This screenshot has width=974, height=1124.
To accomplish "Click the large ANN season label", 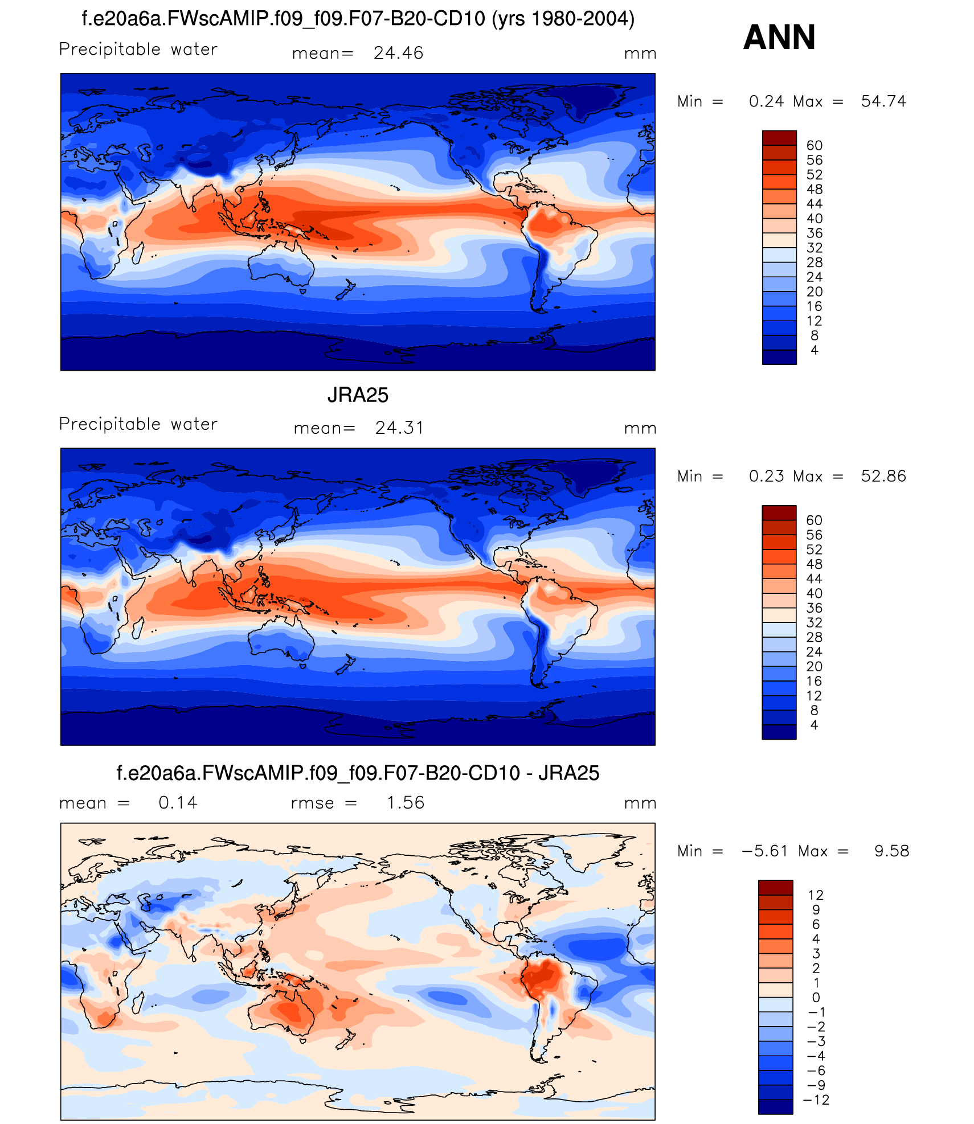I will click(779, 38).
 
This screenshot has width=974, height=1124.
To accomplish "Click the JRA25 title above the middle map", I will click(358, 395).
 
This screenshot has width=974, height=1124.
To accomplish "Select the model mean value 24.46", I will click(398, 54).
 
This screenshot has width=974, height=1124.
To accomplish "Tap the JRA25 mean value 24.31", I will click(399, 428).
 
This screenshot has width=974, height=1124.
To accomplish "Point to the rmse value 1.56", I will click(406, 803).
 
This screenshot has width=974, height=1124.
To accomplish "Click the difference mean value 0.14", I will click(178, 803).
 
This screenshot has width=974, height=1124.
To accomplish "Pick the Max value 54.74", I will click(883, 101).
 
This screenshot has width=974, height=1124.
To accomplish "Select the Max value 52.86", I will click(883, 476).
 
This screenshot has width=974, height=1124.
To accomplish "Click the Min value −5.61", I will click(764, 851).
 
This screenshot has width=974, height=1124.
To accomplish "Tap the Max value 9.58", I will click(891, 851).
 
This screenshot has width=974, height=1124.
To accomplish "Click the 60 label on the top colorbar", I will click(815, 146).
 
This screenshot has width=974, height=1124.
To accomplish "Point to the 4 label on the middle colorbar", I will click(814, 725).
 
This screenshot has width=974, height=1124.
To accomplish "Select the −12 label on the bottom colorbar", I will click(816, 1100).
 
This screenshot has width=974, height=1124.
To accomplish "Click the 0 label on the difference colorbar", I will click(816, 998).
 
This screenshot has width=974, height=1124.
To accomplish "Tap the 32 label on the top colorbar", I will click(815, 248).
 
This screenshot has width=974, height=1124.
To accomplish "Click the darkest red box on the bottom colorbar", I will click(775, 887).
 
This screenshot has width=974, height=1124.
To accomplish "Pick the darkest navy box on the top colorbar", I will click(779, 357).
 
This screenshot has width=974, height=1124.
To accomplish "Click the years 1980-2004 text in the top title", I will click(563, 19).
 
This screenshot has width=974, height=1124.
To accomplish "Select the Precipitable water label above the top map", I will click(138, 50).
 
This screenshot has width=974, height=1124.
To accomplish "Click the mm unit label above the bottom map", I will click(640, 803).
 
